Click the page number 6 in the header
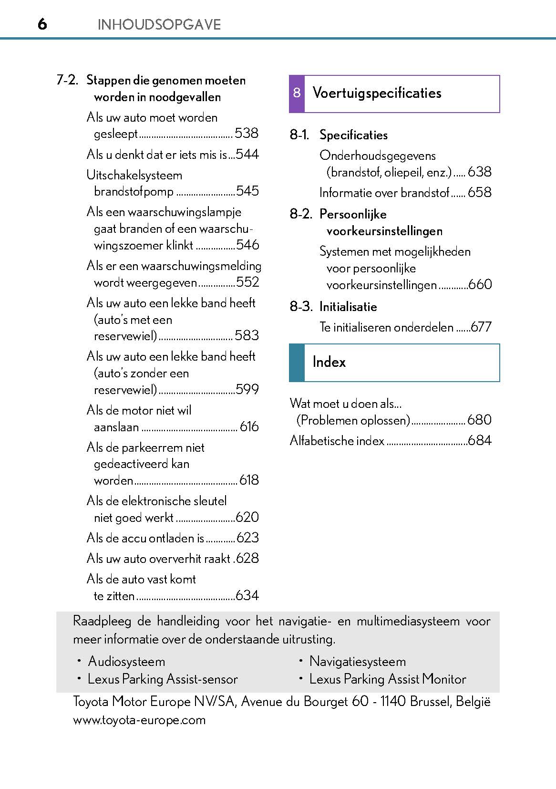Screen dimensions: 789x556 [42, 24]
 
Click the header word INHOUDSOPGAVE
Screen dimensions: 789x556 [159, 25]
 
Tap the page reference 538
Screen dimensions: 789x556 [247, 133]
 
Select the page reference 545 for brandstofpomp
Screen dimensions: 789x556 [247, 191]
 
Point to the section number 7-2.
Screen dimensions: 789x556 [67, 80]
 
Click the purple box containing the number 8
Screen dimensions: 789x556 [297, 93]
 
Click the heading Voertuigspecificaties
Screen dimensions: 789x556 [377, 93]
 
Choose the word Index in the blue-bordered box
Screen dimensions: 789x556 [329, 362]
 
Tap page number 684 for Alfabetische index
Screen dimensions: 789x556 [480, 440]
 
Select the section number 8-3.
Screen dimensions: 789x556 [301, 307]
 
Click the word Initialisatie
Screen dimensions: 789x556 [348, 307]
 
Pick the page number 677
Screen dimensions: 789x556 [481, 327]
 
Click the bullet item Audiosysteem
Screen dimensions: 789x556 [126, 662]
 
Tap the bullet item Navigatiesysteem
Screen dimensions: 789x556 [358, 662]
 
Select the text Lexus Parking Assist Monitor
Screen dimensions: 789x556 [388, 679]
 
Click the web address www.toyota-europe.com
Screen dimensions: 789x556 [139, 720]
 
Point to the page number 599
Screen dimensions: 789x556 [247, 389]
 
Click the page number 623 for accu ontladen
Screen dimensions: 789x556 [247, 538]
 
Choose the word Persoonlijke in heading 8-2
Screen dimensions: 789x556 [353, 214]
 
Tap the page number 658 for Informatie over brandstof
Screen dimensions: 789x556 [479, 192]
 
